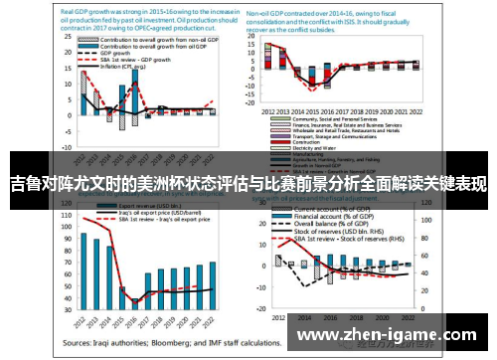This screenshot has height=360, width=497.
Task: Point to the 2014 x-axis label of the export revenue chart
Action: pos(107,319)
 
